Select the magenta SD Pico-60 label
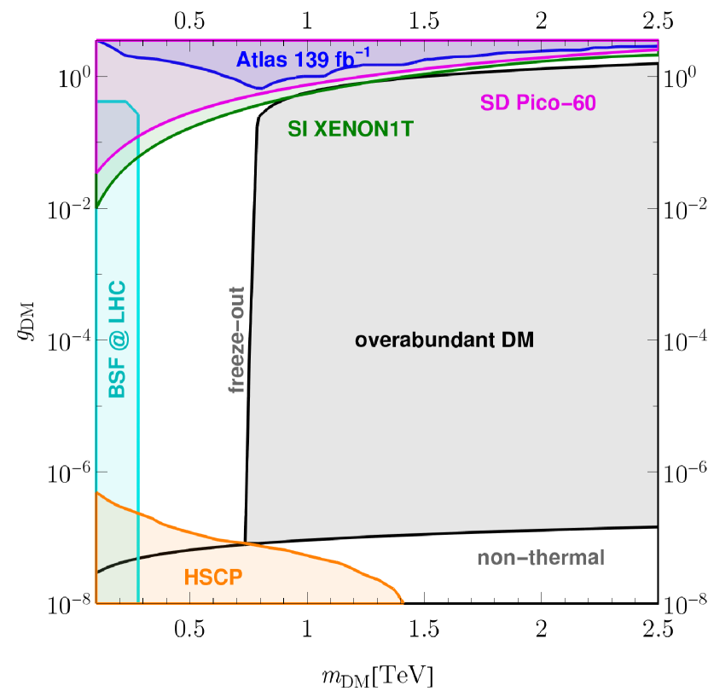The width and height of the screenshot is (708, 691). [x=537, y=103]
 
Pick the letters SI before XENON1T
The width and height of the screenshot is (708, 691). [x=298, y=129]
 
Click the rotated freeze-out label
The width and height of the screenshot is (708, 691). [x=236, y=340]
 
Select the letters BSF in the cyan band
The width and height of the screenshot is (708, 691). [x=117, y=380]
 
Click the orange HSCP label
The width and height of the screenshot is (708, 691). [x=213, y=578]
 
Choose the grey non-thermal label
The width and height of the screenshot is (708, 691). [x=541, y=559]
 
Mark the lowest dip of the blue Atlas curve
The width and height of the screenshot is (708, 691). [x=265, y=87]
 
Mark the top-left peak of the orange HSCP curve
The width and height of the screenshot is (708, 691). [x=97, y=493]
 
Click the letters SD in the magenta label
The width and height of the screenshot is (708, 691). [x=493, y=103]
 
